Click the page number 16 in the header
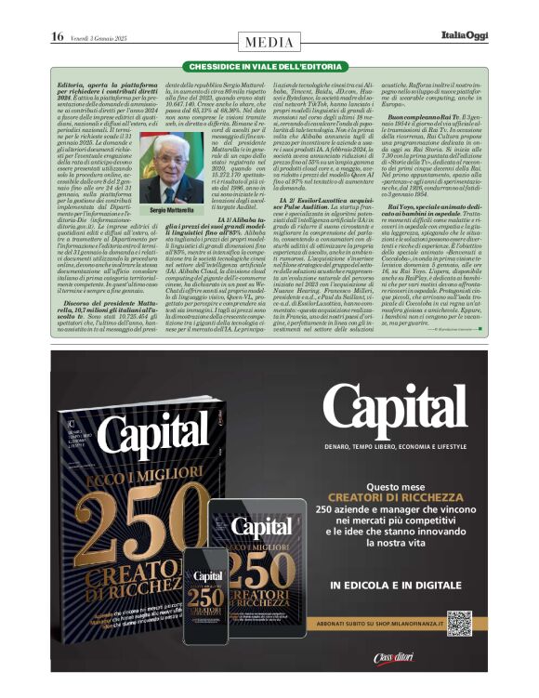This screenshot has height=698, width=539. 57,36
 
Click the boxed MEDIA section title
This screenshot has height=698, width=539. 269,42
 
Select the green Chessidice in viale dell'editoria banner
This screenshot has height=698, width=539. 269,68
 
